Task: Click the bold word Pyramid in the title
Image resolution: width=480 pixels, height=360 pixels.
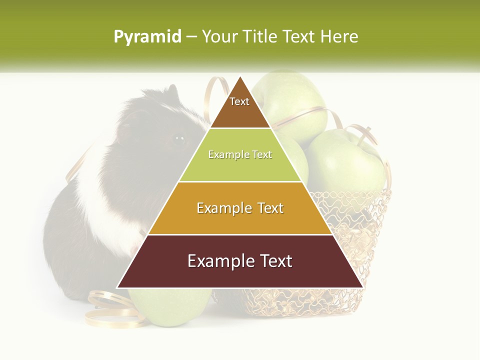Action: (x=147, y=37)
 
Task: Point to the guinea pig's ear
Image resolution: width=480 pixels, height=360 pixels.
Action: (x=172, y=92)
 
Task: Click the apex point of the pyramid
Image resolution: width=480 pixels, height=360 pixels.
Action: (x=240, y=77)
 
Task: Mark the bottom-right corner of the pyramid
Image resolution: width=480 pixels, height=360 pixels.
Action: (x=362, y=287)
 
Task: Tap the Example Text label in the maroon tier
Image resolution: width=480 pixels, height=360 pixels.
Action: (x=240, y=261)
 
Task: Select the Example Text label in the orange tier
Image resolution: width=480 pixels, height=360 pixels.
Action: (x=240, y=208)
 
